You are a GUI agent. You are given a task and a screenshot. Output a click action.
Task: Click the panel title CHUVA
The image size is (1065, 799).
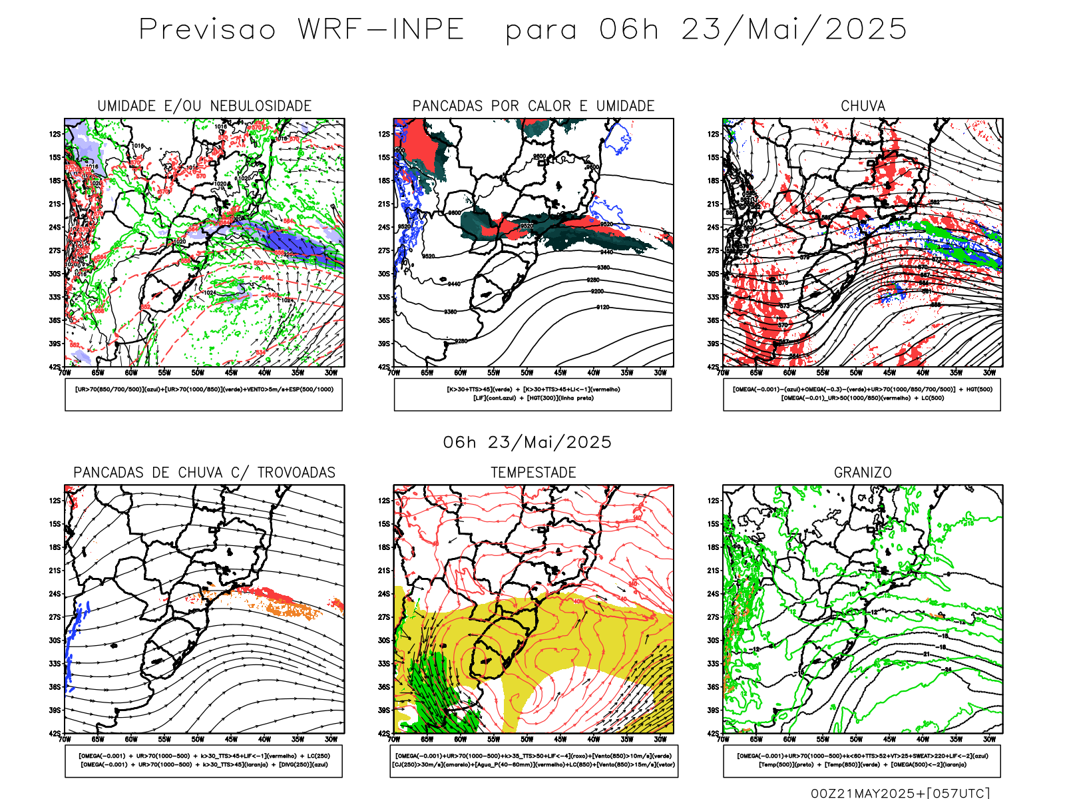pos(863,106)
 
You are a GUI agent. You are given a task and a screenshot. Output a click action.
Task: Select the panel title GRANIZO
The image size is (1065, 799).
pos(863,473)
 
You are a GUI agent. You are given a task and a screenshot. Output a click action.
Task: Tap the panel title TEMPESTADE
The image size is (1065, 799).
pos(533,473)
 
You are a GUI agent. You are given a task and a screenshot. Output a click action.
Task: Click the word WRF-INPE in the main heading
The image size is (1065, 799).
pos(381,29)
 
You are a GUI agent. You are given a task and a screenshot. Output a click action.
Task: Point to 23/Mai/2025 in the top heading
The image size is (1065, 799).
pos(793,29)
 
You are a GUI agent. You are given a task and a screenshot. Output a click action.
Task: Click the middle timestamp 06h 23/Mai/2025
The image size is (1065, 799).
pos(527,442)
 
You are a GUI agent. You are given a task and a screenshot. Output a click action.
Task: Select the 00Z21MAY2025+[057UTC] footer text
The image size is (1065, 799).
pos(900,792)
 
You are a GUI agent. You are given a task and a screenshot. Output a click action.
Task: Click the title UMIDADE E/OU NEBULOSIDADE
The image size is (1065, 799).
pos(204,106)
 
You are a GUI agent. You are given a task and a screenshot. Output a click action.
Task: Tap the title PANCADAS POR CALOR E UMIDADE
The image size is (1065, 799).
pos(533,106)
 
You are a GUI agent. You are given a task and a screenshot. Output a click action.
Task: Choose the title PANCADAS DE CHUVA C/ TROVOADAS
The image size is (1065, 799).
pos(204,473)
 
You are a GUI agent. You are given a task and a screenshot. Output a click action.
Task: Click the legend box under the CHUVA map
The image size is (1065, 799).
pos(862,394)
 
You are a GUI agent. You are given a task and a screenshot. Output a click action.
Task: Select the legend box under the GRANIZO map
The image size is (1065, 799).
pos(862,760)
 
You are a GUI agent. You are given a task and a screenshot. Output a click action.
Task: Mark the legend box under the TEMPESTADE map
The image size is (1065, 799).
pos(533,760)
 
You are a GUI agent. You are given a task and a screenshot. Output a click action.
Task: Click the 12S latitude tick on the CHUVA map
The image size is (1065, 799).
pos(714,134)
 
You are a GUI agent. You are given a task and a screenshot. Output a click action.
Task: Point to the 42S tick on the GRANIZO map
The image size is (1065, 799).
pos(714,733)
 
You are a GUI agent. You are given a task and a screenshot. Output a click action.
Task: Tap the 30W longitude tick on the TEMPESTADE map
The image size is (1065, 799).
pos(660,739)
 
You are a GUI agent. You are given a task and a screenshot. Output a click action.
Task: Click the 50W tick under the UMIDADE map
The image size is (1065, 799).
pos(198,373)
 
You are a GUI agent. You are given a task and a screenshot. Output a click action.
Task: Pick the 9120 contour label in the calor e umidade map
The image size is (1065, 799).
pos(602,308)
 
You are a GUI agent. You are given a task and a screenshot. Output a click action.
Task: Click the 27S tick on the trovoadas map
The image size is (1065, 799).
pos(55,617)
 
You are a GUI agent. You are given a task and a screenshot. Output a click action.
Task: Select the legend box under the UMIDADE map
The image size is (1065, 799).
pos(204,394)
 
